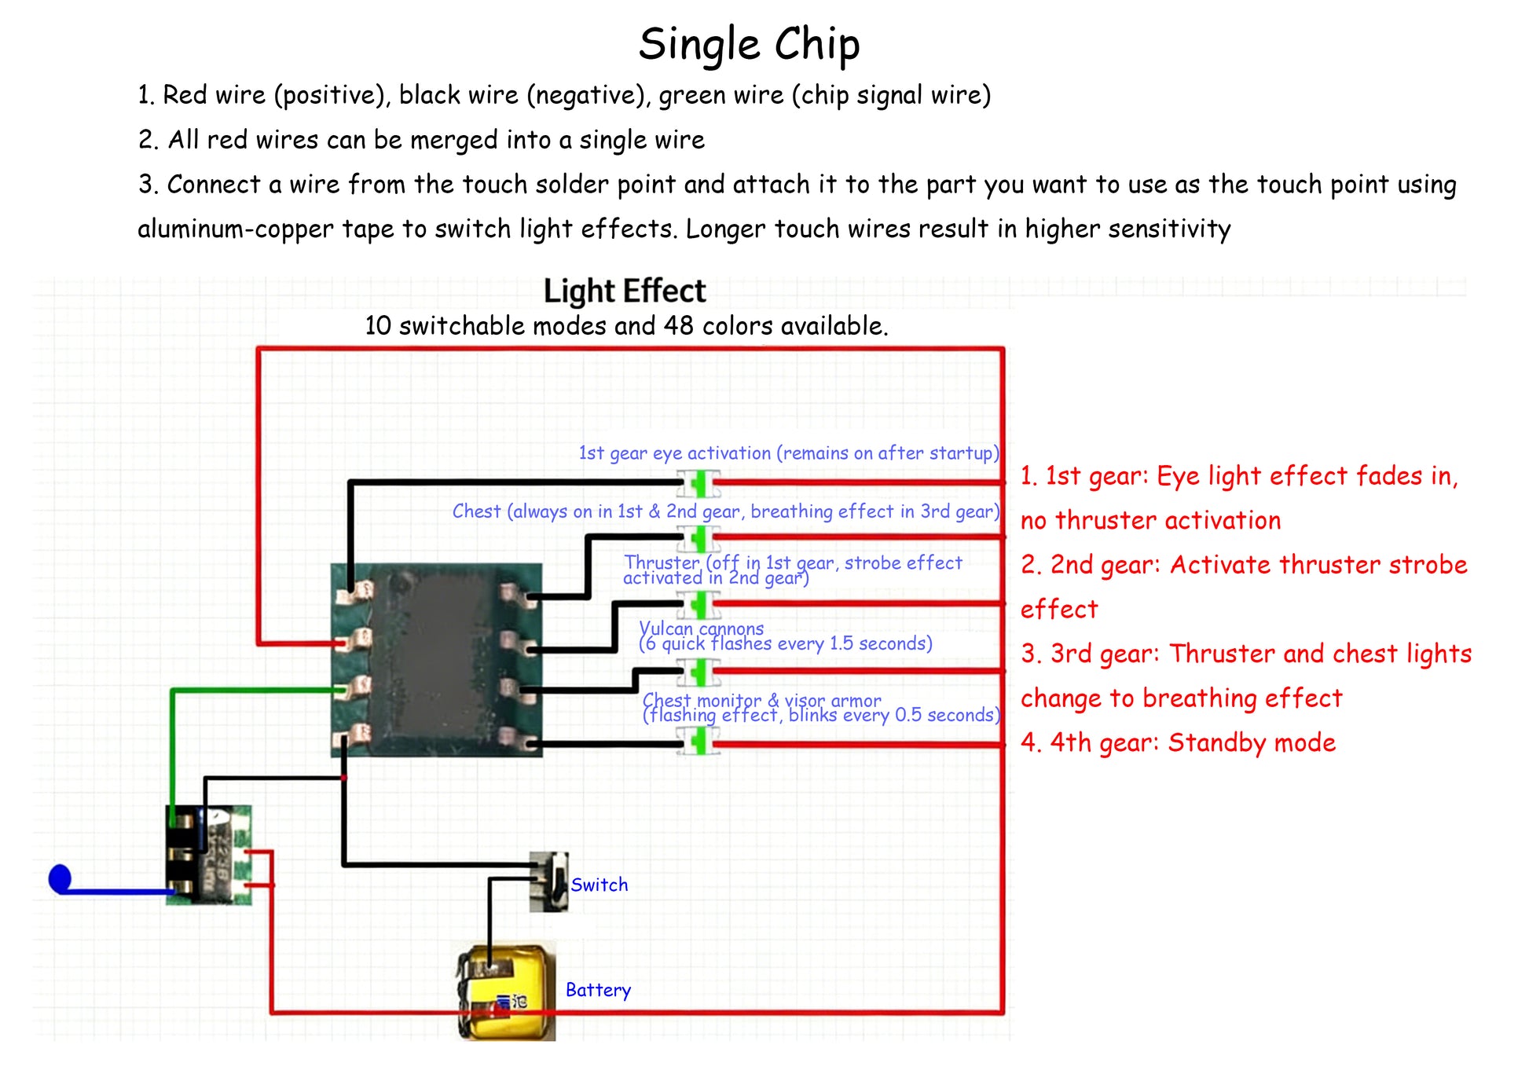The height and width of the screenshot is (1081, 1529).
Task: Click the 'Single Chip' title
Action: pos(749,44)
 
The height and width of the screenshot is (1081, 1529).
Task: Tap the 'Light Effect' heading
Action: pos(625,291)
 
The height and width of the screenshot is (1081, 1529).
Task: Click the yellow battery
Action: pos(508,992)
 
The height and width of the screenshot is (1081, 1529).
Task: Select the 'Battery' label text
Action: pos(598,990)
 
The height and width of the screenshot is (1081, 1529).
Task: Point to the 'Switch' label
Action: pos(599,885)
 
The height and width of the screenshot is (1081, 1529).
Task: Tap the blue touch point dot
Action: pos(60,878)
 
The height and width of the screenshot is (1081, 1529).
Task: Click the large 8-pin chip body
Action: pos(436,660)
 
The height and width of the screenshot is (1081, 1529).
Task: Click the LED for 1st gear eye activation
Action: pos(698,482)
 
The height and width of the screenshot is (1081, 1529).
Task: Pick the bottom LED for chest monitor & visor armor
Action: pos(698,742)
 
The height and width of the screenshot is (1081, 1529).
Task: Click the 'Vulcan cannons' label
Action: pos(701,628)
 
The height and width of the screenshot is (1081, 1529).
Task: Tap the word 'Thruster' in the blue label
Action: pos(662,562)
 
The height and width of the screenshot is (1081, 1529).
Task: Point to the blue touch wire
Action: pos(118,891)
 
